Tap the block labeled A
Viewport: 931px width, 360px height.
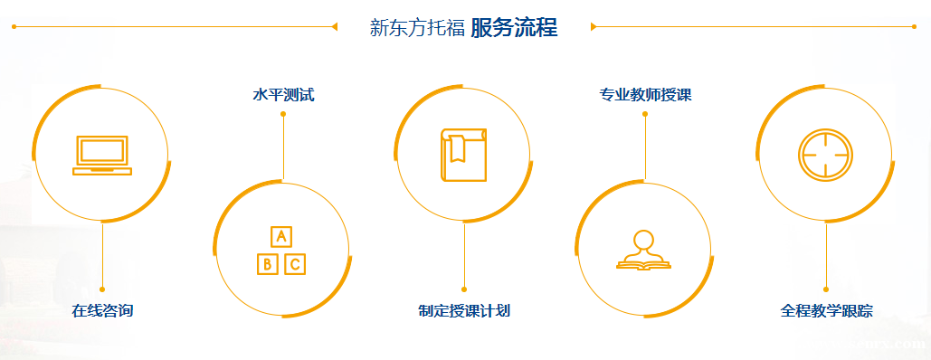tap(281, 237)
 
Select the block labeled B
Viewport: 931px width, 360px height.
tap(267, 264)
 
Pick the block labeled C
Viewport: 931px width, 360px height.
tap(295, 264)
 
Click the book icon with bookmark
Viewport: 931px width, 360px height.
tap(463, 154)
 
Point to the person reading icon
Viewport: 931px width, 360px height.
tap(643, 251)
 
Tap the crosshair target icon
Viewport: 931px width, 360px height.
tap(825, 154)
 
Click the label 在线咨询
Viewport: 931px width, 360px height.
tap(102, 311)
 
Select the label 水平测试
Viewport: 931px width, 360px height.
tap(283, 94)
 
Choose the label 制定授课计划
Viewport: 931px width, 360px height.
tap(464, 311)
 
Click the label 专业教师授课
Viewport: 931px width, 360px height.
tap(645, 94)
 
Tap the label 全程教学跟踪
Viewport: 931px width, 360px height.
tap(826, 311)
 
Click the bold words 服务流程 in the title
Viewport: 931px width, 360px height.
tap(514, 27)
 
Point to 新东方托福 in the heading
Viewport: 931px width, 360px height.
tap(417, 27)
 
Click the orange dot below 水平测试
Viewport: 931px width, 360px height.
tap(283, 114)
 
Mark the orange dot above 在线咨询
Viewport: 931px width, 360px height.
tap(102, 289)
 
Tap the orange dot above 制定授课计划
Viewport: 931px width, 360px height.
tap(464, 289)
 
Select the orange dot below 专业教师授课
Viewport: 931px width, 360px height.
tap(645, 114)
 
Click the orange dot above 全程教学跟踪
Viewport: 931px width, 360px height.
tap(826, 289)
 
